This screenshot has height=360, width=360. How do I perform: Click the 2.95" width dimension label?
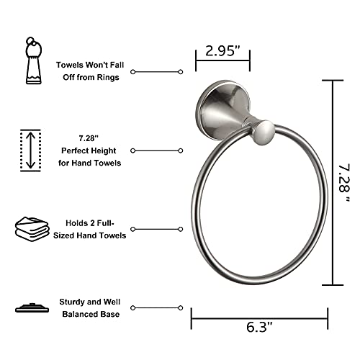222,51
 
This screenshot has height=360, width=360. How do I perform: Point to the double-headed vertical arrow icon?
30,150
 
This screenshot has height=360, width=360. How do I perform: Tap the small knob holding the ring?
266,132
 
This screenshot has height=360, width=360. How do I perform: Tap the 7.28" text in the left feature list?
89,137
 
